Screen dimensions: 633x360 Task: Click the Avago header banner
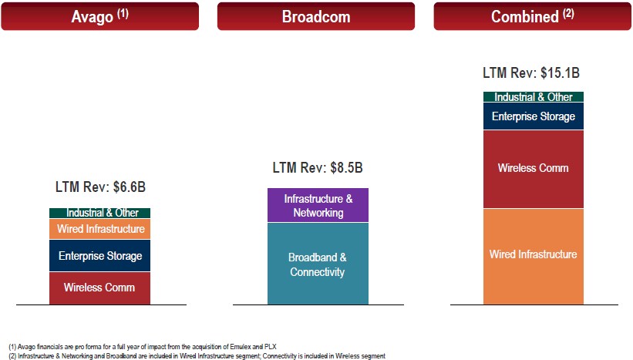pos(99,16)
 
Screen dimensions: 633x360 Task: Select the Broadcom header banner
pos(316,16)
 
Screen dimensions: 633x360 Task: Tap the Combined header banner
pos(533,16)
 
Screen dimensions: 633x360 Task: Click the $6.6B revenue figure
pos(130,187)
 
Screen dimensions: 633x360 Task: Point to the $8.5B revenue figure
pos(346,167)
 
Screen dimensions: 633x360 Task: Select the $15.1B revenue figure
pos(560,73)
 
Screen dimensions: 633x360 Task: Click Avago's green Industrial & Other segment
pos(99,213)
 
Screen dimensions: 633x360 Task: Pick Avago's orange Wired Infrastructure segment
pos(99,229)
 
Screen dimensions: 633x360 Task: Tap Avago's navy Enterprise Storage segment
pos(99,255)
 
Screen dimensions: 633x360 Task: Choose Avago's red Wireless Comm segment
pos(99,288)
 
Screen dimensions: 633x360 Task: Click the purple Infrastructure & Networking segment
pos(318,205)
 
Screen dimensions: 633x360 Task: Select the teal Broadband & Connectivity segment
pos(318,264)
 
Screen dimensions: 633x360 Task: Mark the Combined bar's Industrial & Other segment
pos(534,97)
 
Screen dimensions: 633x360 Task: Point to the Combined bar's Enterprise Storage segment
pos(534,116)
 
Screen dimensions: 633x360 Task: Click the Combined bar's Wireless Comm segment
pos(534,169)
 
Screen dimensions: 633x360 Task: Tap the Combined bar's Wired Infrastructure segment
pos(534,257)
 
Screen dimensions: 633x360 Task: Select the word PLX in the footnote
pos(271,347)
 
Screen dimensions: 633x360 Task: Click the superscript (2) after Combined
pos(568,13)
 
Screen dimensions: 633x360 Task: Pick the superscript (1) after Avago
pos(123,14)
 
